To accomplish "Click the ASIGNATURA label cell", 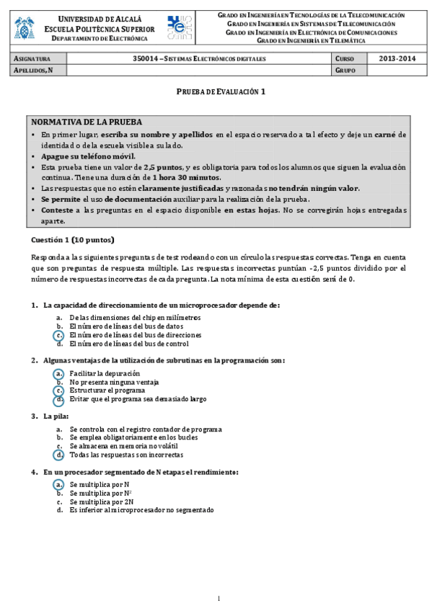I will click(33, 58).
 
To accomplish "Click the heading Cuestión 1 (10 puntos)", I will click(72, 240).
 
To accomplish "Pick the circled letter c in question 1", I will click(59, 335).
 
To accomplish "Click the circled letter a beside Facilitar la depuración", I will click(59, 373).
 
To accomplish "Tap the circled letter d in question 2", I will click(59, 399).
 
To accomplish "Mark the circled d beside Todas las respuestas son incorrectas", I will click(59, 455).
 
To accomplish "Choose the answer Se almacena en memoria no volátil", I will click(122, 447).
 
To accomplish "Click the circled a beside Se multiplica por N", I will click(59, 485).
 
